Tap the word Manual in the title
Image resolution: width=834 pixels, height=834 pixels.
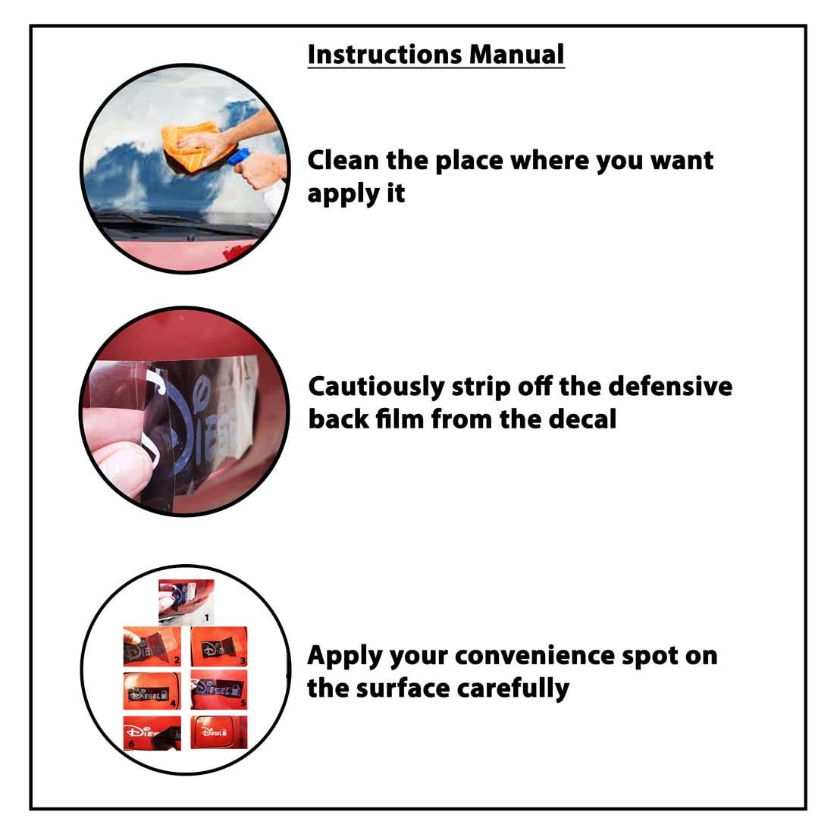(x=516, y=55)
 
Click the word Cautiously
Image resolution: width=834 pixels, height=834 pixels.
(x=377, y=387)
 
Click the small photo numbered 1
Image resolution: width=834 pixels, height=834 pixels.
(x=187, y=601)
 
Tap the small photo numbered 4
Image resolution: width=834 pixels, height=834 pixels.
(x=152, y=691)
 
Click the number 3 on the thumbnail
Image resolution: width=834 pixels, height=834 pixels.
(x=243, y=661)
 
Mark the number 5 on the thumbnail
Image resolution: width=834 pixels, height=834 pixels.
(x=243, y=704)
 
